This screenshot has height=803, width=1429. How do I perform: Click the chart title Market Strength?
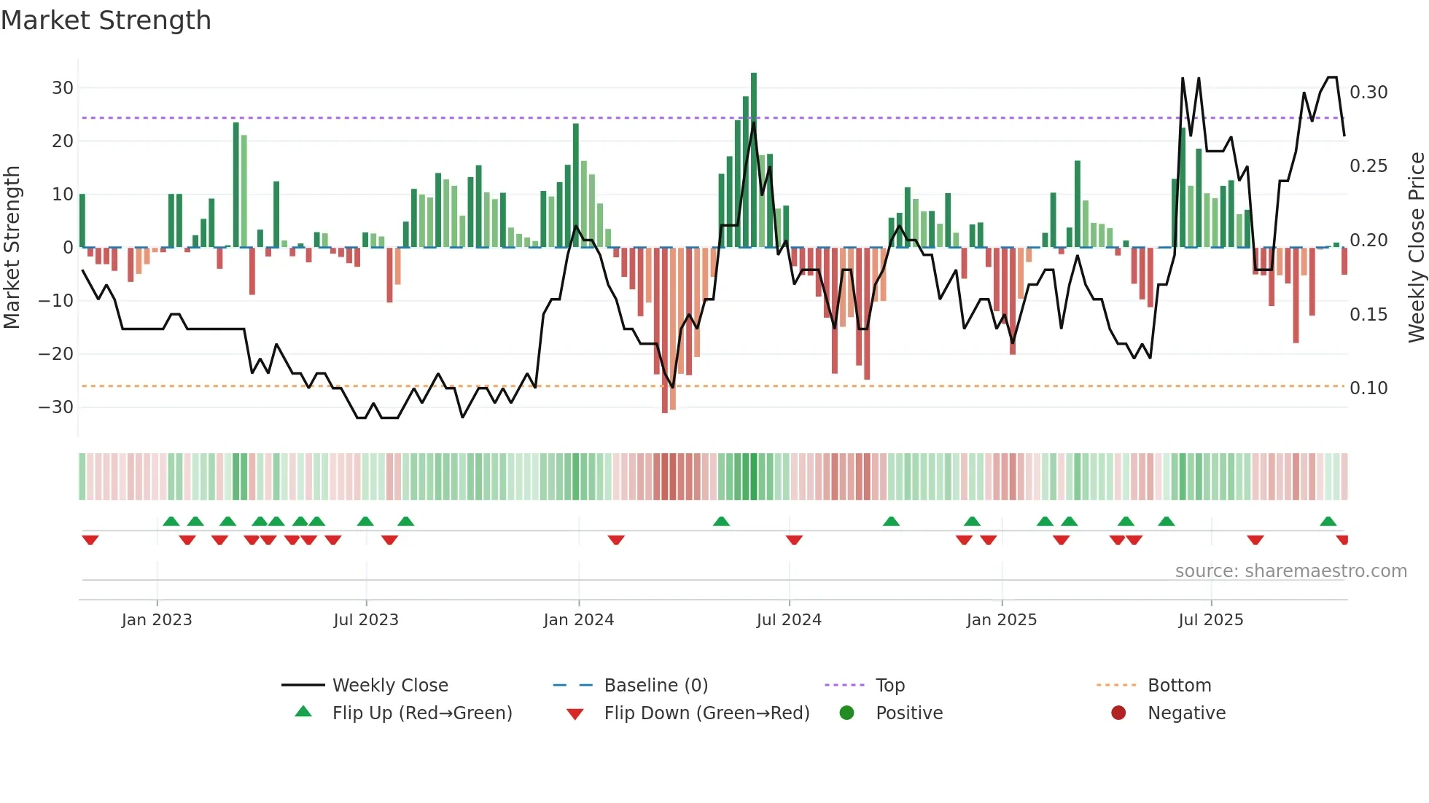(x=106, y=20)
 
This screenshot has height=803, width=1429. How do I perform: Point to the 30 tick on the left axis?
(x=63, y=88)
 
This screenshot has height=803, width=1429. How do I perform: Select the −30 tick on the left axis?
(x=57, y=407)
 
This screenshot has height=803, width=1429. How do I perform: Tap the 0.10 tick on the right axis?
(x=1368, y=388)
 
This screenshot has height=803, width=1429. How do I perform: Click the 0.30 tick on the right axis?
(x=1368, y=93)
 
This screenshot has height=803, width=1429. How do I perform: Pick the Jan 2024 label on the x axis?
(x=578, y=620)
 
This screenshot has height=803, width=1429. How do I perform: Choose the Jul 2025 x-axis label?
(x=1210, y=620)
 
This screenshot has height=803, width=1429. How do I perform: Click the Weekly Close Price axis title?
(x=1416, y=248)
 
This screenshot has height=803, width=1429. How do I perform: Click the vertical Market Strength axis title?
(x=12, y=248)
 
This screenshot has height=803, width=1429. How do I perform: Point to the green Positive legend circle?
(x=846, y=713)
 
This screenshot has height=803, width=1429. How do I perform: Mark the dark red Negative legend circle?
(x=1118, y=713)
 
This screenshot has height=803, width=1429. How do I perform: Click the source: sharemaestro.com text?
(x=1290, y=571)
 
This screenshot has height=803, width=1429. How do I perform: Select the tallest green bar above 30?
(x=754, y=160)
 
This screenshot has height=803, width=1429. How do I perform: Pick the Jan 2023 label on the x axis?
(x=157, y=620)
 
